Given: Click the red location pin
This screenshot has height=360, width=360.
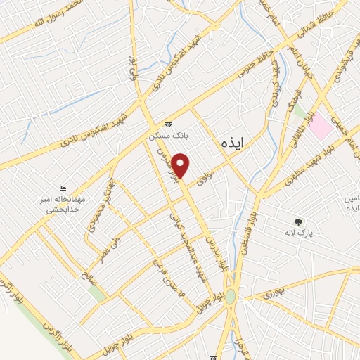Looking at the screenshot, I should [x=181, y=166].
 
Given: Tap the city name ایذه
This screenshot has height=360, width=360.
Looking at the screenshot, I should [x=231, y=144].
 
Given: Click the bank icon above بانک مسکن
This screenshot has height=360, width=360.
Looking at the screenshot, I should [x=167, y=124].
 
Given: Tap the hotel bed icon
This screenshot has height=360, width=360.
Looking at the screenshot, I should [x=64, y=188].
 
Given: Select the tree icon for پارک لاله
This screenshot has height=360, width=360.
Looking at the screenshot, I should [x=299, y=221].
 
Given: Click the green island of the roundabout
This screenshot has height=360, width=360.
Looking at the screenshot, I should [x=231, y=297].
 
